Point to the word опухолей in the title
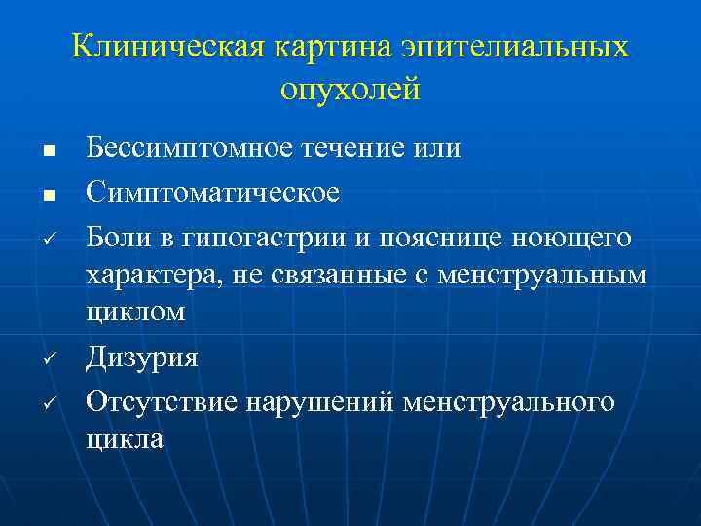[350, 90]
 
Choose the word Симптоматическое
[213, 191]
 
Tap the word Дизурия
[142, 357]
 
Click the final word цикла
[126, 439]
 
